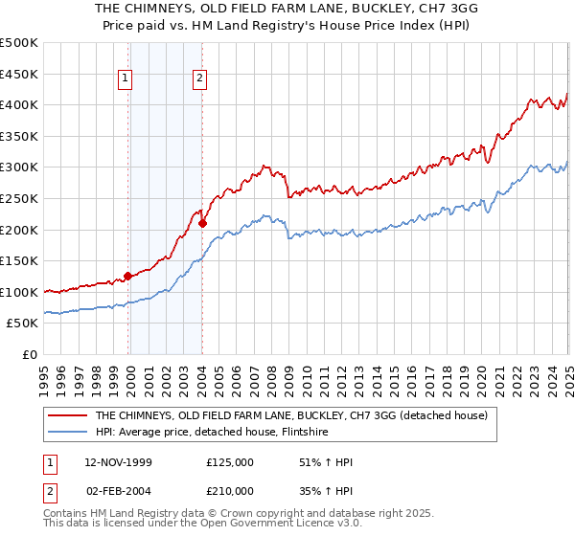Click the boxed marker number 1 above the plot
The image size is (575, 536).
(x=127, y=79)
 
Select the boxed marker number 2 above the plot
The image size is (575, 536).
(x=199, y=79)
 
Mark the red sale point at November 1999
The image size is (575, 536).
(x=128, y=277)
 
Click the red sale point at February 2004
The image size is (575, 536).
(x=202, y=223)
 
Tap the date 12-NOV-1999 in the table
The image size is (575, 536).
(x=118, y=461)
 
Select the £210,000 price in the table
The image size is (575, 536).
(x=230, y=490)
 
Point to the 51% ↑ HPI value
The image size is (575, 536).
(x=327, y=461)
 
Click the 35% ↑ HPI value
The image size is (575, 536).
(x=327, y=490)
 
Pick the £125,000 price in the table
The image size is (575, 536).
(x=230, y=461)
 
